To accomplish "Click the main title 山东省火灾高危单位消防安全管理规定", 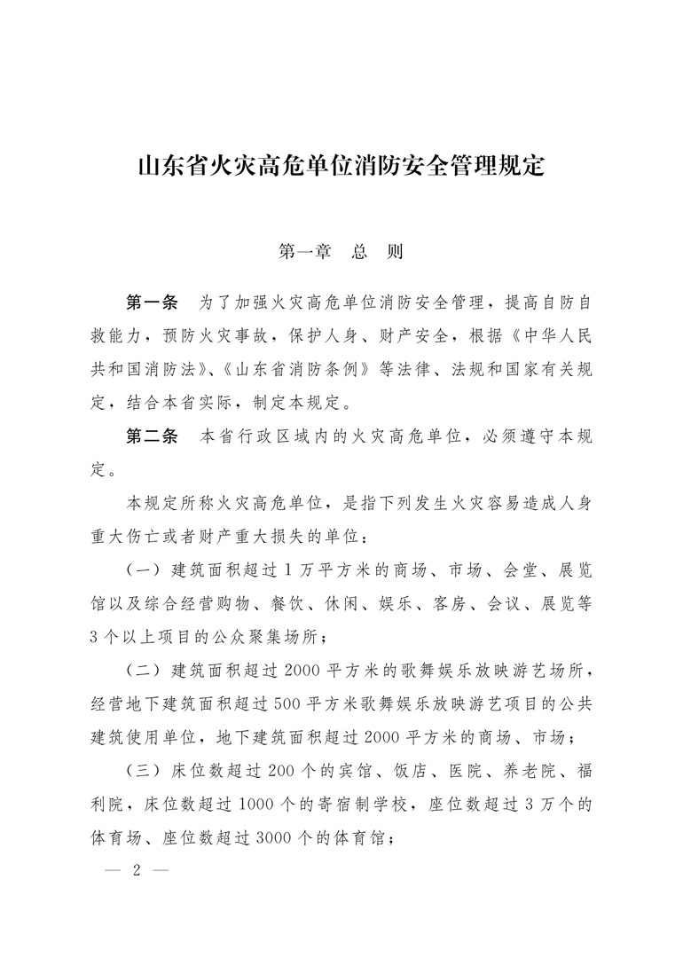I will (341, 168).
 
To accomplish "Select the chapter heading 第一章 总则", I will (341, 252).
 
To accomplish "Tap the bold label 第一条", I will (153, 302).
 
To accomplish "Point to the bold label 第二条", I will (153, 436).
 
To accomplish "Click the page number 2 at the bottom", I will (137, 869).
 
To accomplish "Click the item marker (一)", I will (143, 569).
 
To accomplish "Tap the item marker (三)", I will (143, 771).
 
